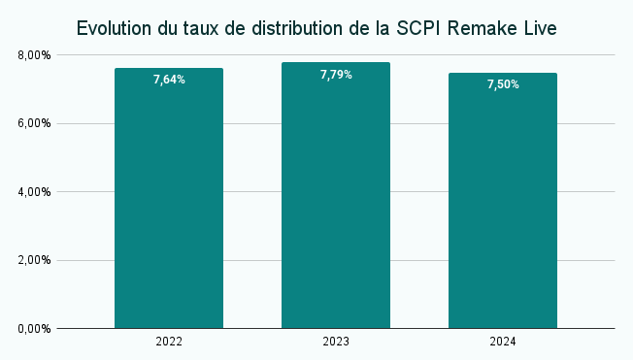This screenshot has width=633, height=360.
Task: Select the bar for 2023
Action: click(336, 199)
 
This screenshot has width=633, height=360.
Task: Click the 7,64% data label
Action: click(169, 80)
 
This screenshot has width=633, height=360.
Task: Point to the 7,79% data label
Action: click(336, 74)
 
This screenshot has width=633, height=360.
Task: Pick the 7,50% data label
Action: click(503, 84)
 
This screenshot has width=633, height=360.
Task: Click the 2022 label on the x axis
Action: click(169, 343)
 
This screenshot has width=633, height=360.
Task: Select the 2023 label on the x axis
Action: click(336, 343)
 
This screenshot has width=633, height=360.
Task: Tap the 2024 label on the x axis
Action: click(503, 343)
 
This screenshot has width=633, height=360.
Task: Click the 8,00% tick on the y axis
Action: click(34, 55)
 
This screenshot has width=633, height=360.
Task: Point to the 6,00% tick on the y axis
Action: click(34, 123)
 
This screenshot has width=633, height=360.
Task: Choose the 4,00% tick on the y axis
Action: click(34, 192)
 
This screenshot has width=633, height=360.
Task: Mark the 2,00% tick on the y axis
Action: click(34, 260)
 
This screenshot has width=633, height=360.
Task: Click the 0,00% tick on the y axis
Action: click(34, 329)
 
